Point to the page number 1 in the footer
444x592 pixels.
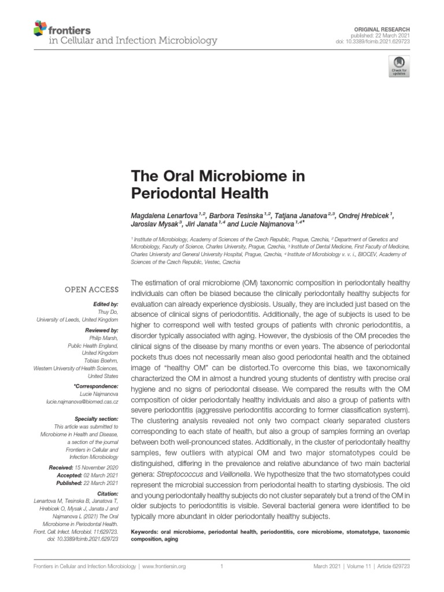221,567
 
